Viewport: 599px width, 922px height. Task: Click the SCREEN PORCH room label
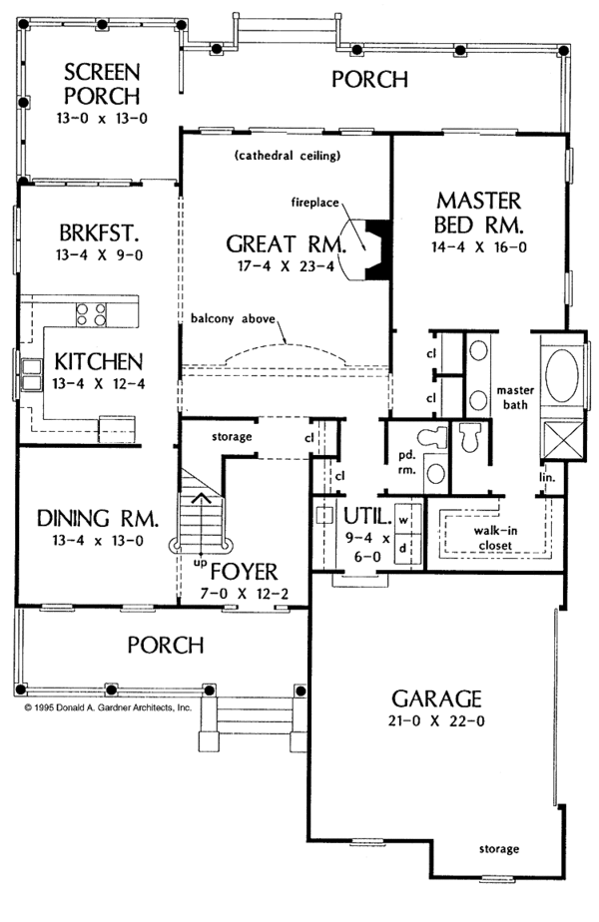pos(102,84)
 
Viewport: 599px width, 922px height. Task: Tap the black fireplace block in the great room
pos(378,248)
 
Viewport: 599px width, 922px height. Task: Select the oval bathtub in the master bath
pos(561,376)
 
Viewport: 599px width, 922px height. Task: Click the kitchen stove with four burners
pos(91,314)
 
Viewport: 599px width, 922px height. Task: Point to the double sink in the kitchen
pos(31,376)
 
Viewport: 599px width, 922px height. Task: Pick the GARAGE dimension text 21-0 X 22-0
pos(436,720)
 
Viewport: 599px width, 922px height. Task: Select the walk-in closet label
pos(495,538)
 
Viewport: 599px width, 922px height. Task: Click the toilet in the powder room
pos(434,437)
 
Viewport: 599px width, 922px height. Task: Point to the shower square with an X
pos(561,440)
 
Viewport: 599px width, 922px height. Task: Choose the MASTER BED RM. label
pos(478,213)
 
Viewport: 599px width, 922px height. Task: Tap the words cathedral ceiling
pos(288,156)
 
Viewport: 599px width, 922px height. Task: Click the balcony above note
pos(233,318)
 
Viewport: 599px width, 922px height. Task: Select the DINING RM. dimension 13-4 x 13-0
pos(98,540)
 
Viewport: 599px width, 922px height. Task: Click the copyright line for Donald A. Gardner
pos(108,707)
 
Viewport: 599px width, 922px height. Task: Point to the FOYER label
pos(244,572)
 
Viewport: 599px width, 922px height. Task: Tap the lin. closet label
pos(548,477)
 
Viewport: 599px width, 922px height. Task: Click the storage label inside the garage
pos(499,848)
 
